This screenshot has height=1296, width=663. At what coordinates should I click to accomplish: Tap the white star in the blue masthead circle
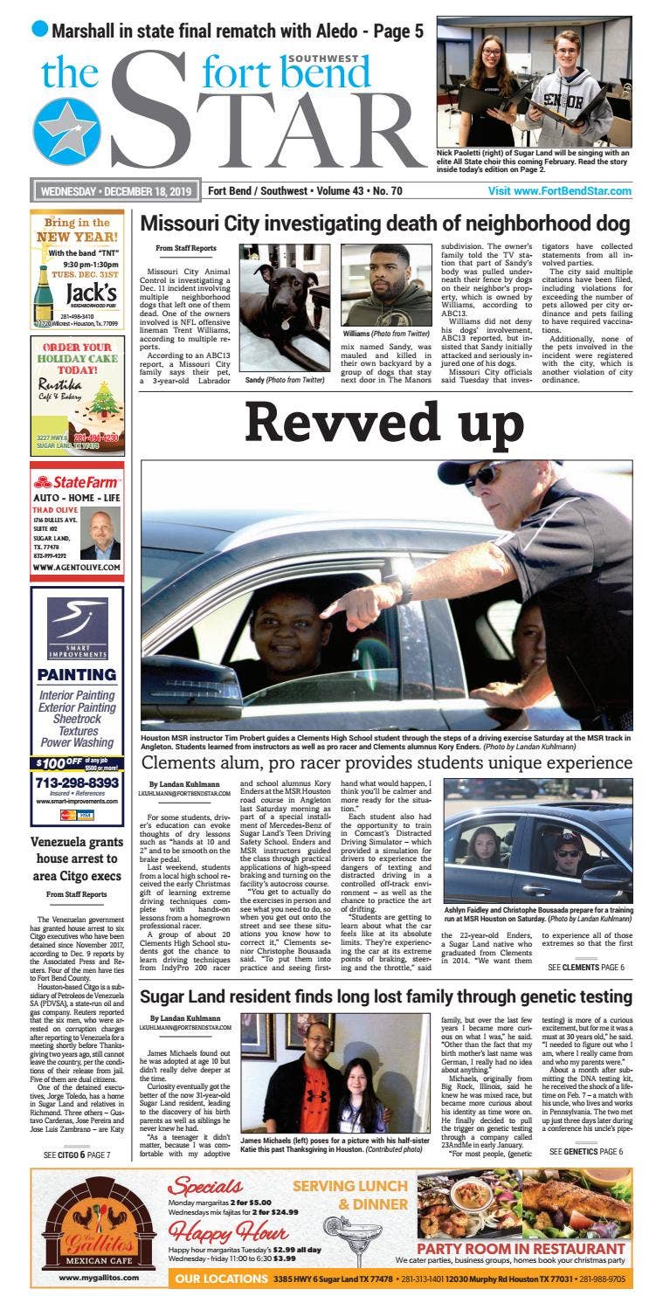[x=66, y=130]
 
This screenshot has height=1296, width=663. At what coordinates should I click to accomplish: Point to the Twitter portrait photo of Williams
[x=385, y=285]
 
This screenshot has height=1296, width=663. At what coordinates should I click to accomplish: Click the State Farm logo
[x=77, y=482]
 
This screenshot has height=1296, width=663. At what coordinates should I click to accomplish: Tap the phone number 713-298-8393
[x=77, y=782]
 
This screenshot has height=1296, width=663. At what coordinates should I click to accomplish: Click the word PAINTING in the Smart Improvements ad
[x=77, y=674]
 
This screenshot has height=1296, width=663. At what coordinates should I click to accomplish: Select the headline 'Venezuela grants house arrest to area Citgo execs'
[x=77, y=859]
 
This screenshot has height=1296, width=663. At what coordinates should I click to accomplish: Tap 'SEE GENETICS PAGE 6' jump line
[x=585, y=1152]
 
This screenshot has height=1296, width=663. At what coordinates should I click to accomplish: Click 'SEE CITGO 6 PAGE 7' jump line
[x=77, y=1155]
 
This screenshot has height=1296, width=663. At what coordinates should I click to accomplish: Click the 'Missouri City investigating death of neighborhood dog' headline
[x=384, y=224]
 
